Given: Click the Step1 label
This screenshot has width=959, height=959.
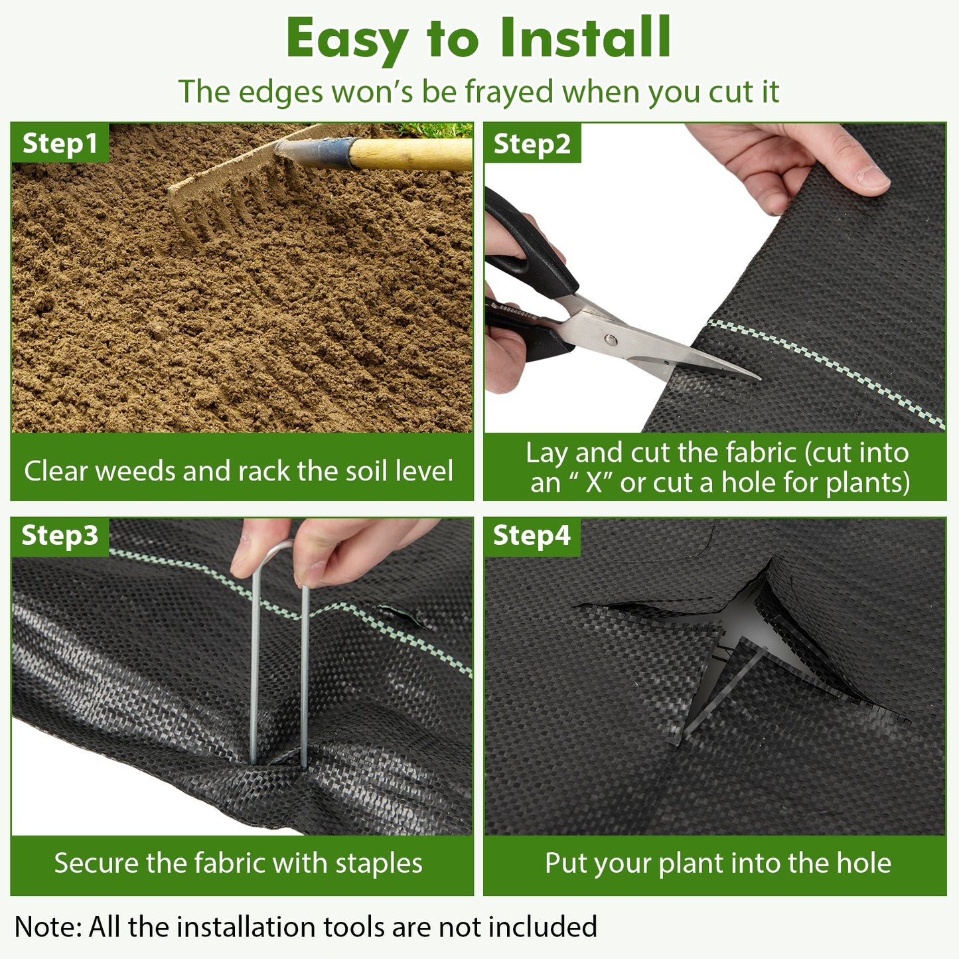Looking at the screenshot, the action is [60, 143].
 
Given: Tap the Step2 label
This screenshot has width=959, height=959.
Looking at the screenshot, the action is [532, 144].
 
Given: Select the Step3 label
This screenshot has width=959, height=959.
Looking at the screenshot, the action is [60, 536].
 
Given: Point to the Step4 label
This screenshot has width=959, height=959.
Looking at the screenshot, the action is [532, 536].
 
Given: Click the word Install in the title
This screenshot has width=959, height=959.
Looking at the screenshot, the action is [586, 38].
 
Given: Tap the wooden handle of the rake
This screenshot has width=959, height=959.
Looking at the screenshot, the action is [411, 153].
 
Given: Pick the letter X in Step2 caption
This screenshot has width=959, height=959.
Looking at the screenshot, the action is [594, 482].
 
